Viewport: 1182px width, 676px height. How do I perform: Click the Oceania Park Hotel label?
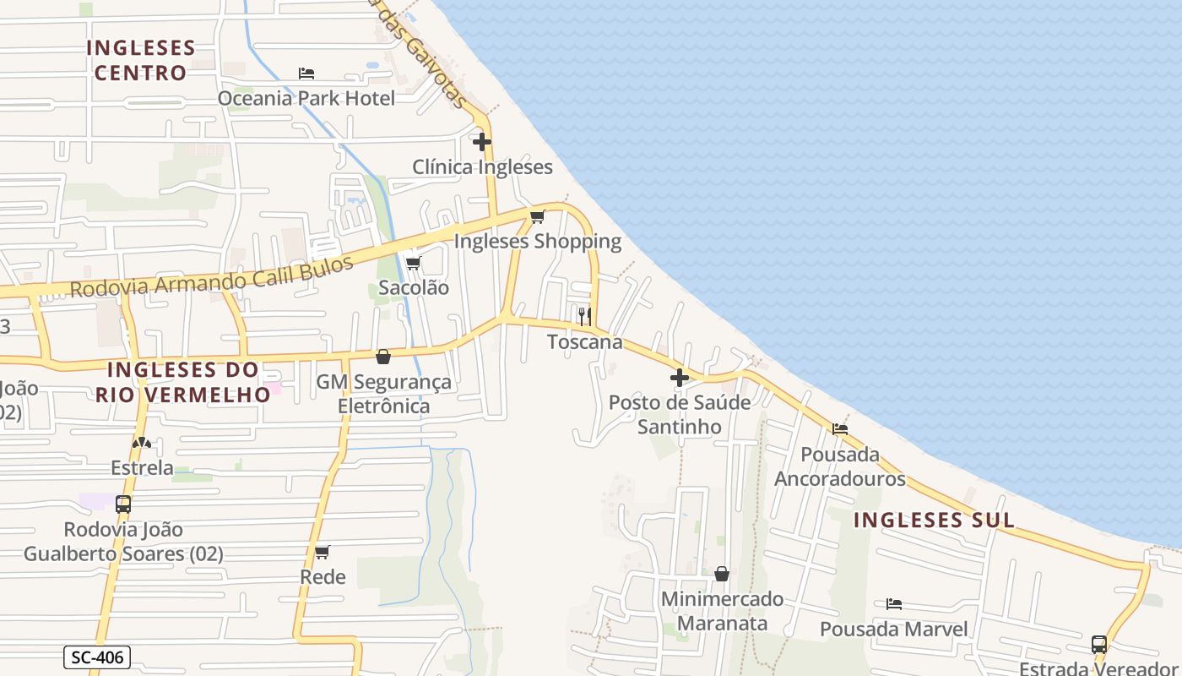306,98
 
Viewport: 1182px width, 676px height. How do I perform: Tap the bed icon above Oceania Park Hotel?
306,74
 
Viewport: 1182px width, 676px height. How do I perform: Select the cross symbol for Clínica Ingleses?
482,142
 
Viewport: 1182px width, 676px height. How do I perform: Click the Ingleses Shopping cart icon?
538,216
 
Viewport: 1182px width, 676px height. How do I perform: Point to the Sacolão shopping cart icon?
413,263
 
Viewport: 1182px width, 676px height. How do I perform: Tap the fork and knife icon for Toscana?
584,317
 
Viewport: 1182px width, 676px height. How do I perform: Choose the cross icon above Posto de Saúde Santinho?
680,378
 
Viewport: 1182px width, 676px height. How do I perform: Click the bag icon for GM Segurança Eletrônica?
383,357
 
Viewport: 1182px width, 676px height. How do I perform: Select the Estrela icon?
142,443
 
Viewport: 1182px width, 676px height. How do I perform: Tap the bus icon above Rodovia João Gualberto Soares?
123,504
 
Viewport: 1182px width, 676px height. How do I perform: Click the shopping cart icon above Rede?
322,553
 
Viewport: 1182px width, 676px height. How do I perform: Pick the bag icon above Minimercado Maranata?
722,575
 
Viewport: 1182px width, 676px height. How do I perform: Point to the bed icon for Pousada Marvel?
894,604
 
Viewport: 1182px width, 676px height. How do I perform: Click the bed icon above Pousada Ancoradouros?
840,429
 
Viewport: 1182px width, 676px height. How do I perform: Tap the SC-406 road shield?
97,657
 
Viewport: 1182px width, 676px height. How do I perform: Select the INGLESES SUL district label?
934,520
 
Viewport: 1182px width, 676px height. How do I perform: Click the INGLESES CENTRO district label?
141,60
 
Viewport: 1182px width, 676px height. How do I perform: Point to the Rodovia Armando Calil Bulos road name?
211,277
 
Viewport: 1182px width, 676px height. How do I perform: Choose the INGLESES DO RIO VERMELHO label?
183,382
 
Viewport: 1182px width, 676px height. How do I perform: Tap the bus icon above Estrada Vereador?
1099,645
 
